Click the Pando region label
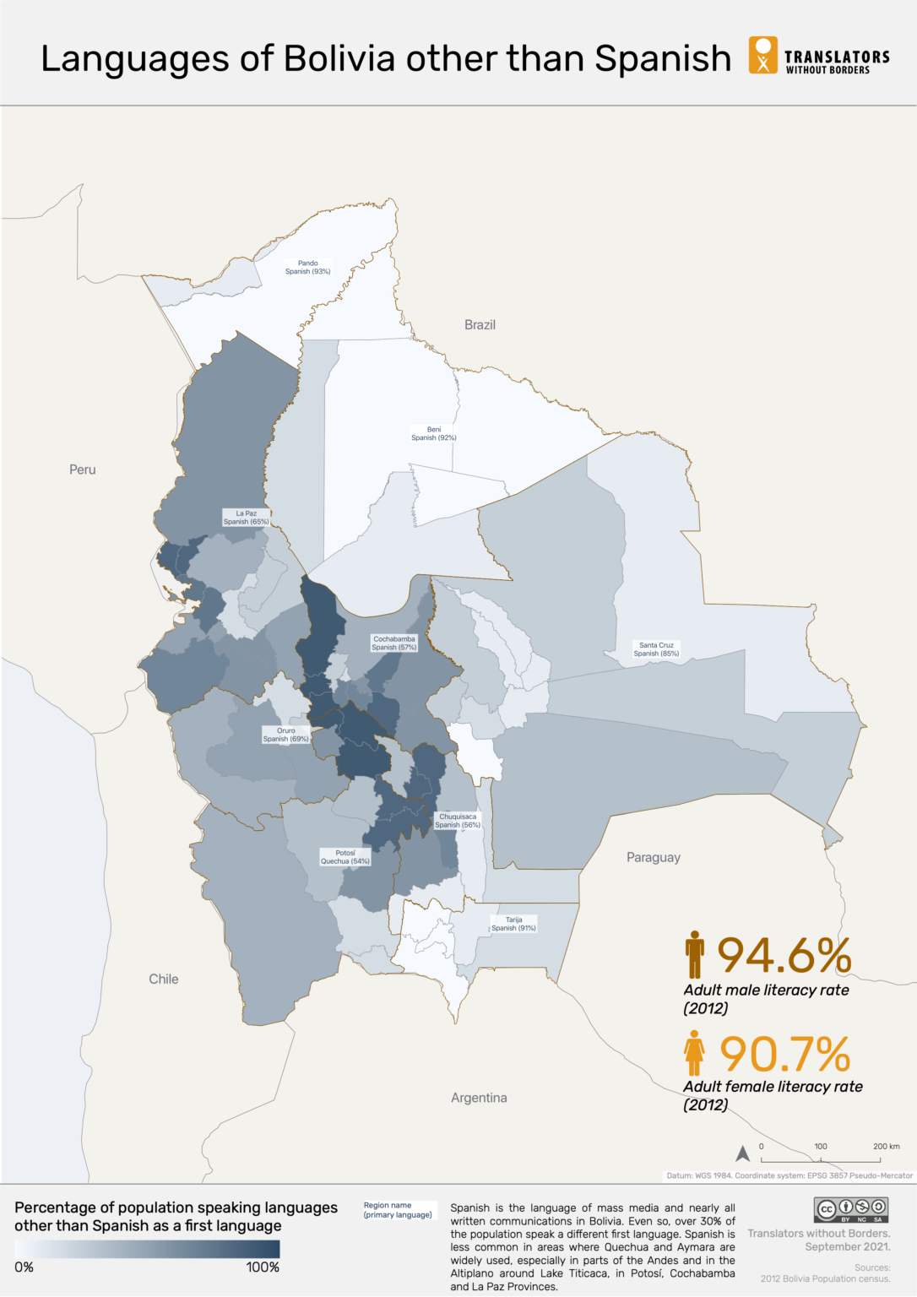pyautogui.click(x=307, y=268)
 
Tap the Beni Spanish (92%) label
pyautogui.click(x=434, y=434)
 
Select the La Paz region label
pyautogui.click(x=246, y=518)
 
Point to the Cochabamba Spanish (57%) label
pyautogui.click(x=393, y=643)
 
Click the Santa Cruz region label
pyautogui.click(x=656, y=649)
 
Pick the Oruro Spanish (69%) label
pyautogui.click(x=286, y=735)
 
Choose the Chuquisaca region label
pyautogui.click(x=458, y=821)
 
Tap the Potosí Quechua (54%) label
pyautogui.click(x=345, y=857)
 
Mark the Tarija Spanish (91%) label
pyautogui.click(x=513, y=924)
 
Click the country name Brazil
pyautogui.click(x=480, y=325)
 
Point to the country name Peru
pyautogui.click(x=83, y=469)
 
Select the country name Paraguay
pyautogui.click(x=653, y=858)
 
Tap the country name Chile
pyautogui.click(x=164, y=980)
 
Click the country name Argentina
pyautogui.click(x=479, y=1098)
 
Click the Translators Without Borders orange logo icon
pyautogui.click(x=762, y=55)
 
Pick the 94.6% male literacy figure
pyautogui.click(x=784, y=956)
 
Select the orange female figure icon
pyautogui.click(x=694, y=1052)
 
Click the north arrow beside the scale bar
pyautogui.click(x=743, y=1153)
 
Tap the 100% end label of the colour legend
pyautogui.click(x=263, y=1267)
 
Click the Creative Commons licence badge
pyautogui.click(x=850, y=1210)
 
